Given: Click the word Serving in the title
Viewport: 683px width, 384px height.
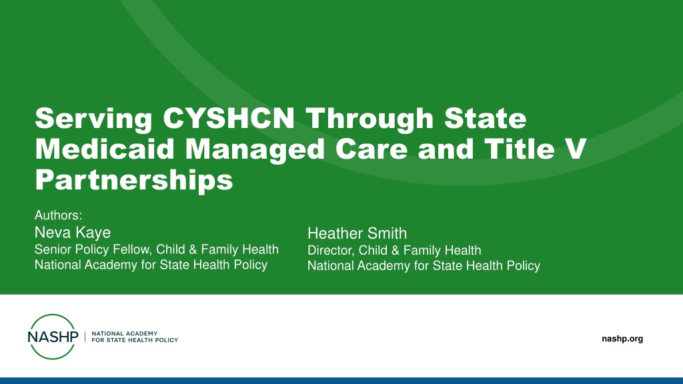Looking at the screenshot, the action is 93,119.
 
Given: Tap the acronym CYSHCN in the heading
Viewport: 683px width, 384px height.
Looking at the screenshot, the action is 229,118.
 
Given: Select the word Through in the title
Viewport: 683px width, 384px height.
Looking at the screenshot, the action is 370,119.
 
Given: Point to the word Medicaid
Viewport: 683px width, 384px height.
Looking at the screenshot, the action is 105,149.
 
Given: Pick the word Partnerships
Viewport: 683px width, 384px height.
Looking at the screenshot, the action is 133,180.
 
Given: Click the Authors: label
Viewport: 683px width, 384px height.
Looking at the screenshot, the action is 59,215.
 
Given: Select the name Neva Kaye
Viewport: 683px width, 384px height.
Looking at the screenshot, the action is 72,233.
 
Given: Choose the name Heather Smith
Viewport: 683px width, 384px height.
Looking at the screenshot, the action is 358,233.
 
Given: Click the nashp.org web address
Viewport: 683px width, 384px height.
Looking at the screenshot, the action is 622,339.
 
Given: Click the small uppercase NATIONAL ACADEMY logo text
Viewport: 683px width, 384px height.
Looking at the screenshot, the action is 125,333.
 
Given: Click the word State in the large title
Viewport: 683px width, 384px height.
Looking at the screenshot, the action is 486,118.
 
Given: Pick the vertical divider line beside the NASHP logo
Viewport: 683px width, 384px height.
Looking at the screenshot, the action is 85,337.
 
